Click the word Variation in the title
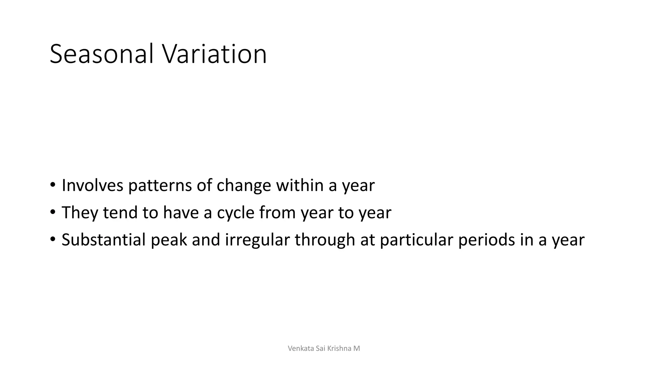[215, 54]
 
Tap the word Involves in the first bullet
[92, 185]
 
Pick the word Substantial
[103, 240]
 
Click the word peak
[169, 240]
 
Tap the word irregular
[257, 240]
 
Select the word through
[325, 240]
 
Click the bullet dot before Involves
[53, 185]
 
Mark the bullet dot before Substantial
[53, 239]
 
